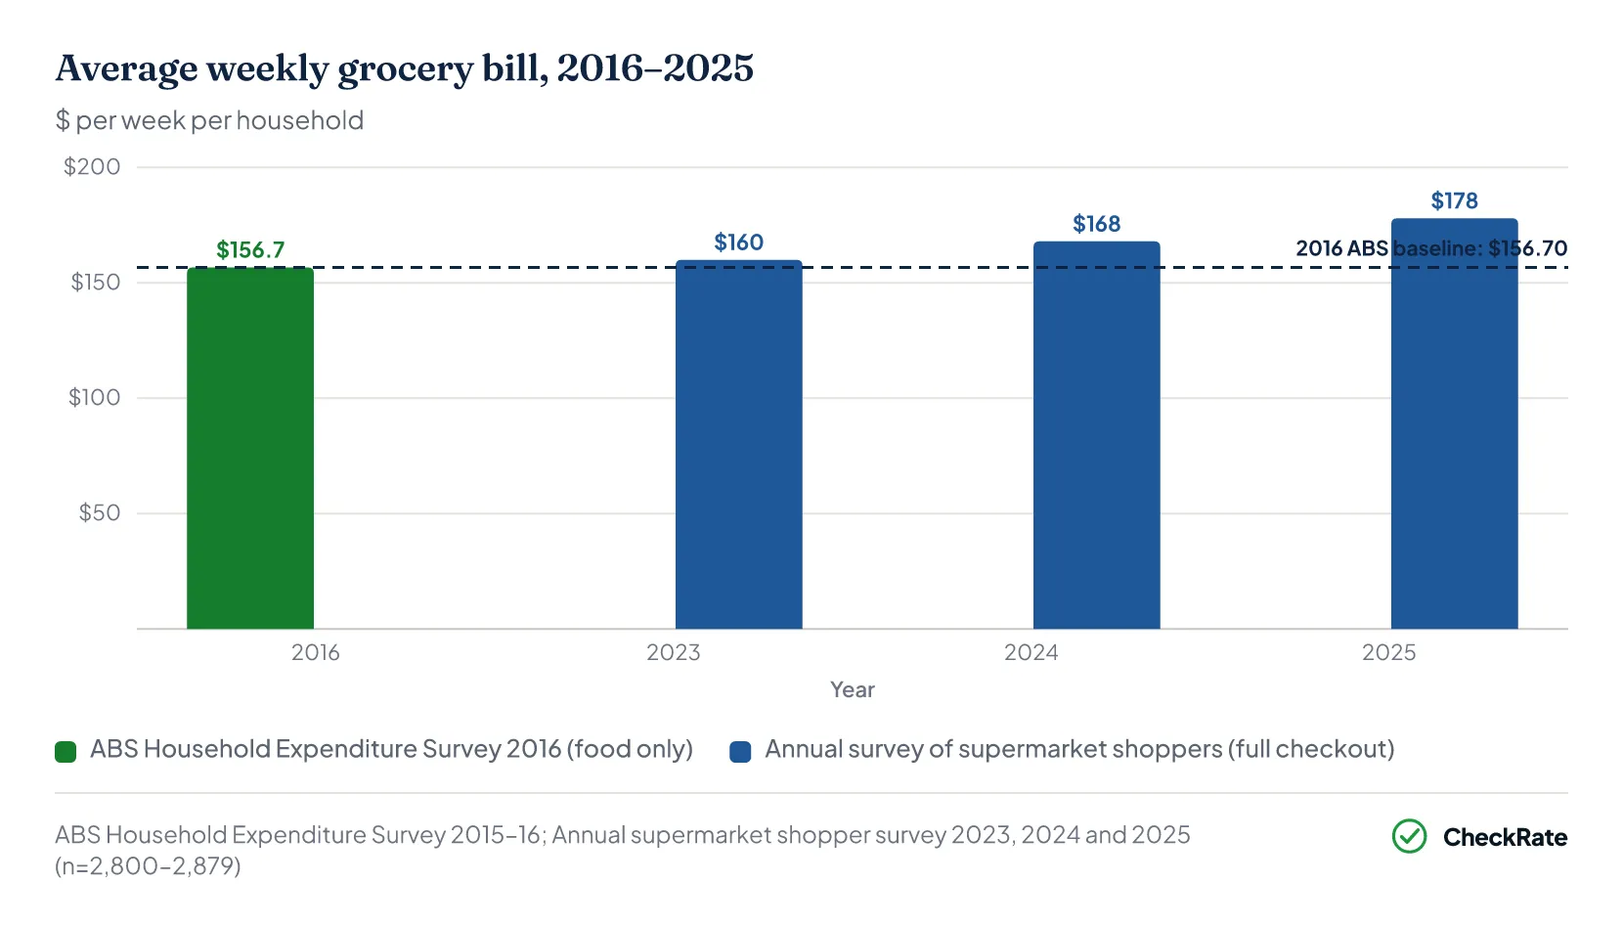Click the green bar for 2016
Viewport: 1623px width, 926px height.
[250, 448]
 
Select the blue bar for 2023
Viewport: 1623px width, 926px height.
[738, 444]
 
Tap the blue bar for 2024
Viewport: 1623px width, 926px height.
[1096, 435]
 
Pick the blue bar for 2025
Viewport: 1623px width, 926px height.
[1454, 423]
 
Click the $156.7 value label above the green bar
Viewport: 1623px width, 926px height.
[250, 250]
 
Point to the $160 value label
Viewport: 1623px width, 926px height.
[738, 242]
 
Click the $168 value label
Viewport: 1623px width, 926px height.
[1096, 224]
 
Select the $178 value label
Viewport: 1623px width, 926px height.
[1454, 200]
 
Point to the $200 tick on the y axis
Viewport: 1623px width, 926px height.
[92, 166]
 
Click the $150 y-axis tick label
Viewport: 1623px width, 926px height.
[95, 282]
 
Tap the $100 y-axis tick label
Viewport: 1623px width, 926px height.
[94, 397]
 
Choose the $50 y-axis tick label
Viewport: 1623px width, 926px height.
[100, 513]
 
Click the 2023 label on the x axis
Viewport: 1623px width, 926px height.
[673, 652]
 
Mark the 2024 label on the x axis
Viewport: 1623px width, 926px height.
[1031, 652]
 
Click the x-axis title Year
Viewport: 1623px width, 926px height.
[853, 689]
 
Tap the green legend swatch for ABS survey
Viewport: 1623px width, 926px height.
[66, 751]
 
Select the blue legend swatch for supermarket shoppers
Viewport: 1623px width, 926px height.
[740, 751]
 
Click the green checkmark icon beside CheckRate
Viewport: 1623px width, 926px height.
[1409, 836]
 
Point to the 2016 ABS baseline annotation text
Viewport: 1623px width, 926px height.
[1431, 248]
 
